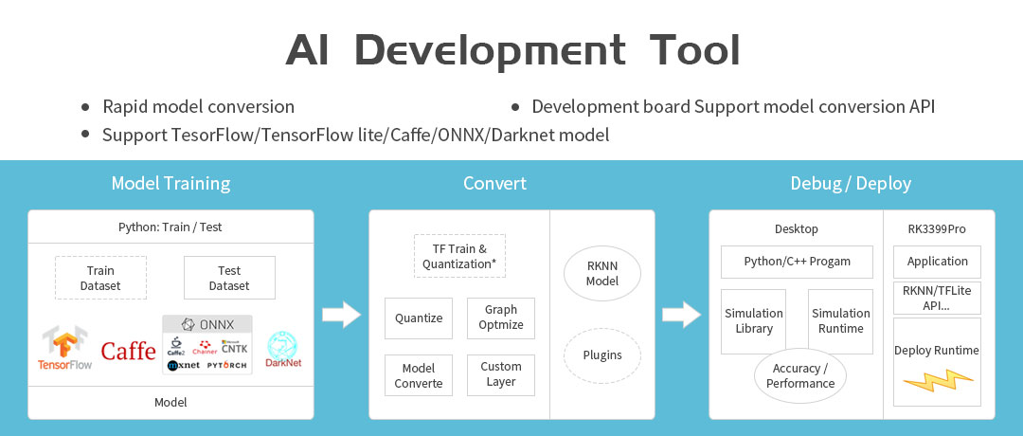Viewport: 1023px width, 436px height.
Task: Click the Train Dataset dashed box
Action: pyautogui.click(x=100, y=278)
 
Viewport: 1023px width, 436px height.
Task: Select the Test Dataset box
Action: pyautogui.click(x=229, y=278)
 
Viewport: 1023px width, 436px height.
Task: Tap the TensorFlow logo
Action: pyautogui.click(x=64, y=348)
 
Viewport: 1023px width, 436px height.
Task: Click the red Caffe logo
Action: pyautogui.click(x=128, y=351)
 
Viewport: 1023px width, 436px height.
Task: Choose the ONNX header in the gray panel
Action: pyautogui.click(x=207, y=323)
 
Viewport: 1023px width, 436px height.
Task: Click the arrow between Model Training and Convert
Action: pyautogui.click(x=342, y=314)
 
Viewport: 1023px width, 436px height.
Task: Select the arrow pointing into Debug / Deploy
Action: pyautogui.click(x=681, y=314)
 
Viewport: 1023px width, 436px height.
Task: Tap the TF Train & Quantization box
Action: pyautogui.click(x=459, y=256)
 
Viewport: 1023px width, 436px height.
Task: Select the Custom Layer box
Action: pyautogui.click(x=501, y=374)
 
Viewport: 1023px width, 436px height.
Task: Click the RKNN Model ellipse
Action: pyautogui.click(x=602, y=274)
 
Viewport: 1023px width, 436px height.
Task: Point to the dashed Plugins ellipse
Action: pyautogui.click(x=602, y=355)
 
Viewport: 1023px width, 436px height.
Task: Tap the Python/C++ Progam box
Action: pyautogui.click(x=797, y=262)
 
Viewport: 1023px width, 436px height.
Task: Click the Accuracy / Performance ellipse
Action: pyautogui.click(x=800, y=375)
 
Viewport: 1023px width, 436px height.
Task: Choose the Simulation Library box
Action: pyautogui.click(x=753, y=320)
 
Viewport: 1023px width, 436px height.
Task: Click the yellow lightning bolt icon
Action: pyautogui.click(x=937, y=382)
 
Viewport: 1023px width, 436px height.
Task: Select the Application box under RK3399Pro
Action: pyautogui.click(x=937, y=262)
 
